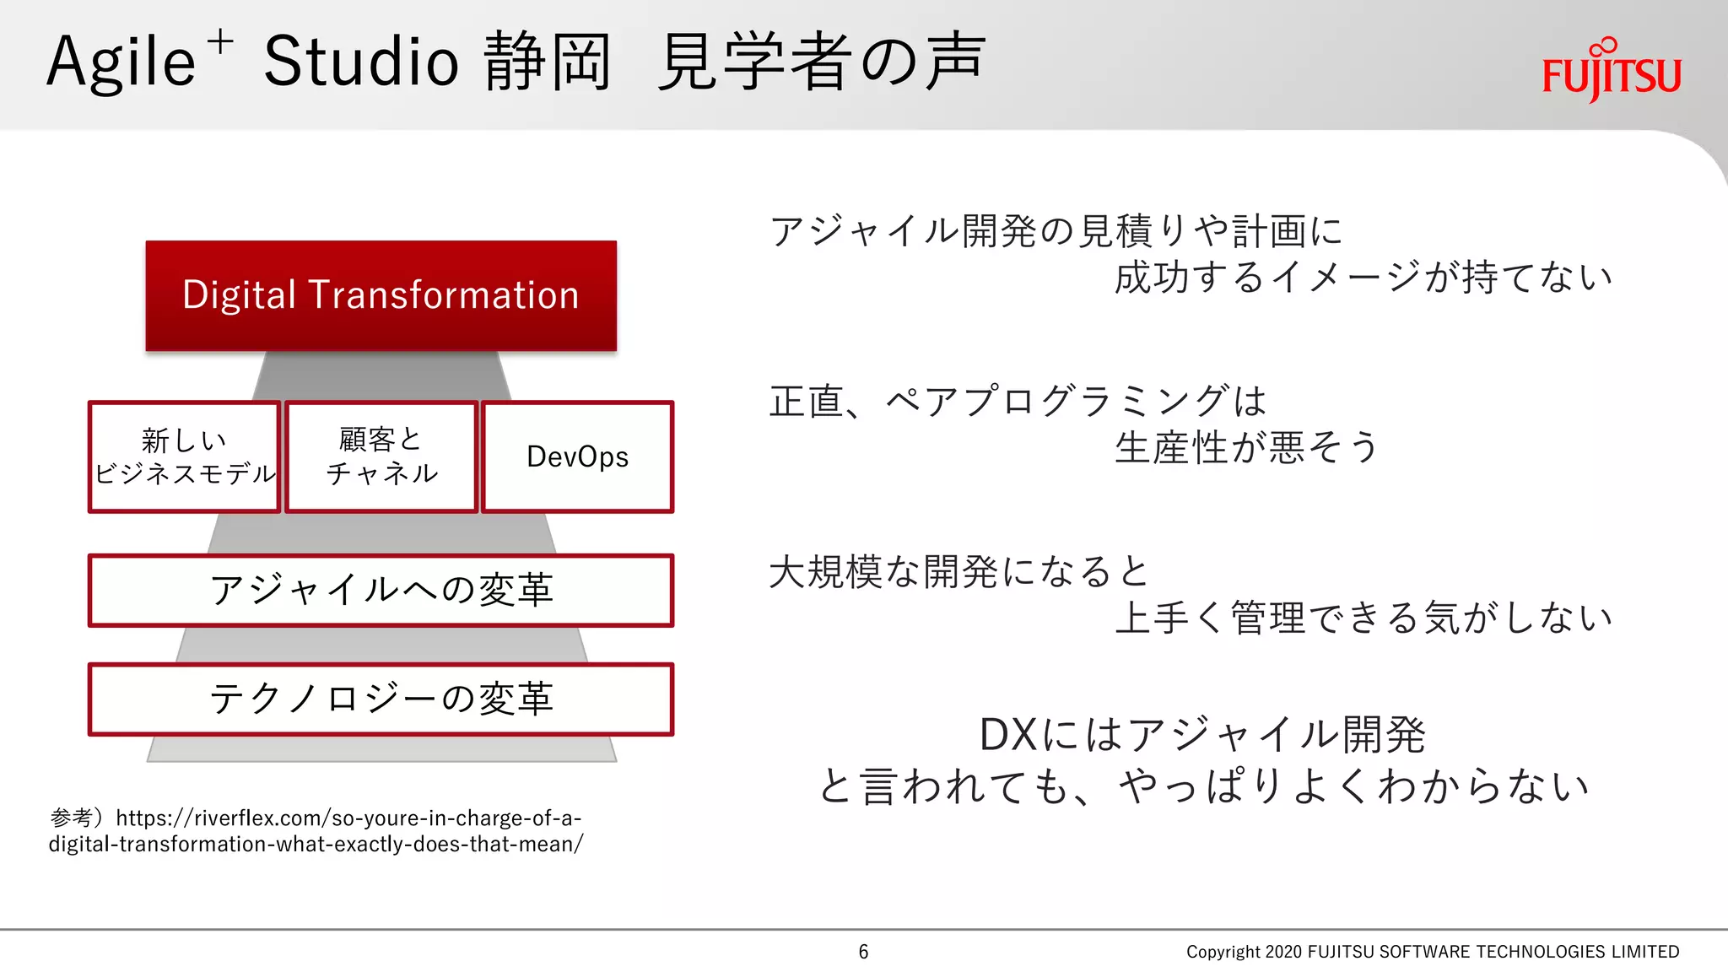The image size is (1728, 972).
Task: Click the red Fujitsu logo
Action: click(1611, 73)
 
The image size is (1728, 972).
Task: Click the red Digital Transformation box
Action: click(381, 295)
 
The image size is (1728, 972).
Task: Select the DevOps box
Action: click(577, 456)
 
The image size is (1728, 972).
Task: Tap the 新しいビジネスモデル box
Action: click(184, 456)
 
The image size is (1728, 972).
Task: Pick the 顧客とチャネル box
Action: click(381, 456)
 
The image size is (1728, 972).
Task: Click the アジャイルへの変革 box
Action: click(381, 590)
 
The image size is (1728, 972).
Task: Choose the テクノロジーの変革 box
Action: click(381, 699)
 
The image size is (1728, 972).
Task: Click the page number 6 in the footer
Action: click(863, 952)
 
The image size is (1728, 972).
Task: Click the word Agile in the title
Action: click(121, 62)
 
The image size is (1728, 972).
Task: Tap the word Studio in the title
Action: click(361, 62)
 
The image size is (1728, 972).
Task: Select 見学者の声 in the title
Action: click(820, 62)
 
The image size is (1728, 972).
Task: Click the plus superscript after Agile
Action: click(220, 41)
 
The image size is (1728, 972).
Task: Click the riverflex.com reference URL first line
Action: click(348, 818)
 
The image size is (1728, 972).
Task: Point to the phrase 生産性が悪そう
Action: click(1245, 447)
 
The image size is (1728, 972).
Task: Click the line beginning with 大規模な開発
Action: click(959, 571)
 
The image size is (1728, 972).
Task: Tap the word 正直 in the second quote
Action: click(806, 401)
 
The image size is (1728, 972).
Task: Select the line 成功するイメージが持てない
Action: click(1362, 278)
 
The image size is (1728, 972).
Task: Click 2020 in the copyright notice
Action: click(1283, 952)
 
